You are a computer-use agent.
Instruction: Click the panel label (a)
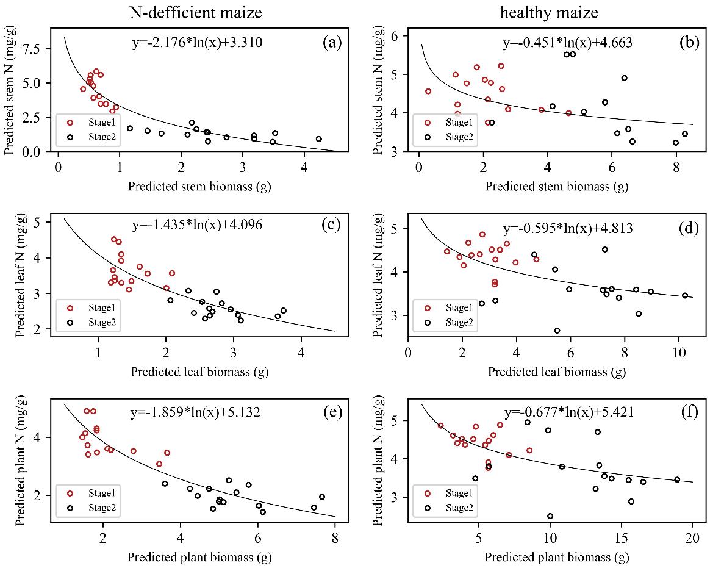coord(334,43)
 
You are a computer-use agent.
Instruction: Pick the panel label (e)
coord(334,412)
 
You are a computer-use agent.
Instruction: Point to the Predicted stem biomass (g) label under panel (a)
coord(199,186)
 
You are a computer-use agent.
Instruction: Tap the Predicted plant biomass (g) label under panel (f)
coord(557,557)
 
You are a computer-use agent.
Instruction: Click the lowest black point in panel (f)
coord(550,515)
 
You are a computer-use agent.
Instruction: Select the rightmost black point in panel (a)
coord(318,139)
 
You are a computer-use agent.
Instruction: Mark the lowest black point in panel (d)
coord(557,331)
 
